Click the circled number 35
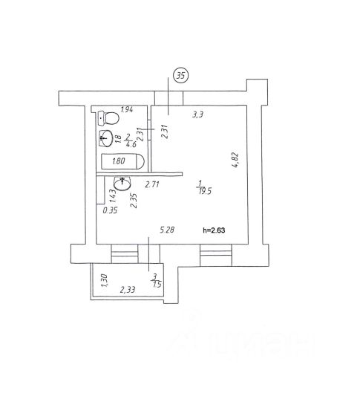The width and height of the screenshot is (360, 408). point(180,76)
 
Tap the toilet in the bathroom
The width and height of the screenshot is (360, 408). point(108,118)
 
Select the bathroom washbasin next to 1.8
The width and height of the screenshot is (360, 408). point(105,138)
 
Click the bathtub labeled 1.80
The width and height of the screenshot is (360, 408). point(122,161)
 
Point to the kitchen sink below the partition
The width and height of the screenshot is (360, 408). point(122,184)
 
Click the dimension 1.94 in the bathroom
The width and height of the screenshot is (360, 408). point(127,109)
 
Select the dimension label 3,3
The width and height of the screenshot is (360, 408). point(197,114)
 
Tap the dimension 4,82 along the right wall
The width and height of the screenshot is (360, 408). point(235,160)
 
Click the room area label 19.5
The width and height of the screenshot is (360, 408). point(205,192)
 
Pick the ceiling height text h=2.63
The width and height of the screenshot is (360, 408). point(214,230)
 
